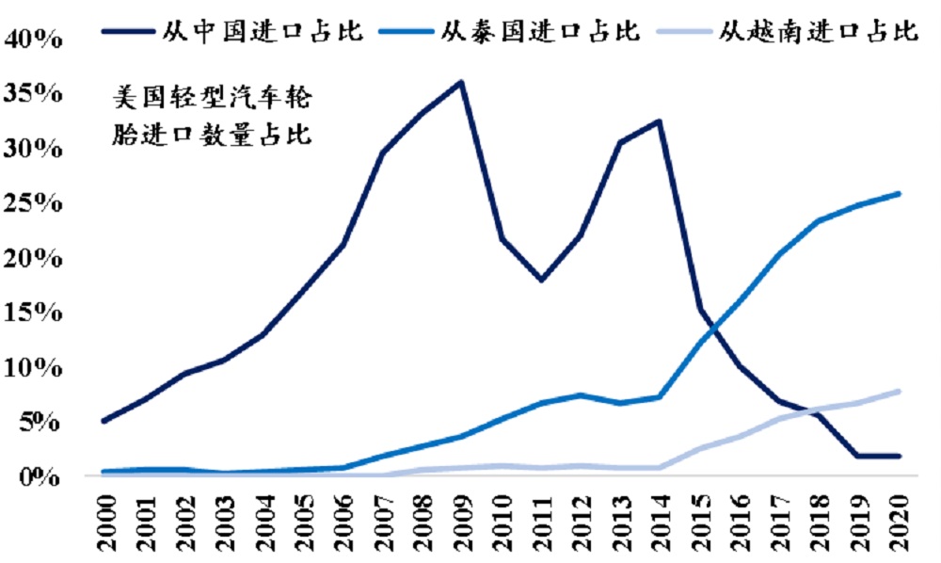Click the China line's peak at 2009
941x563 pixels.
(461, 82)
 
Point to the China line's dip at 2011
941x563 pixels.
(541, 281)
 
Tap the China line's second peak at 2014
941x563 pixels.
(660, 121)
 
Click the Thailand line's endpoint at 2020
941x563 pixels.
(899, 194)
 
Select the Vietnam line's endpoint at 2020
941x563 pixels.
(899, 391)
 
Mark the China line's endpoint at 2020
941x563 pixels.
(899, 456)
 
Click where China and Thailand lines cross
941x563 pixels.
(711, 329)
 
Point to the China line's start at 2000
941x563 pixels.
(104, 421)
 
